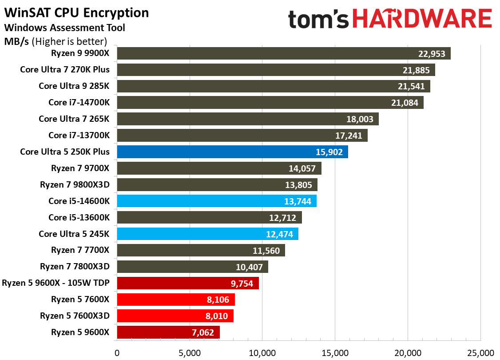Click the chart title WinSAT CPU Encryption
(76, 13)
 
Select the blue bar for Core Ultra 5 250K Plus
(232, 152)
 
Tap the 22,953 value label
(432, 54)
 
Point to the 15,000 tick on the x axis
(335, 353)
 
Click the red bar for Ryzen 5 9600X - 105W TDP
(187, 284)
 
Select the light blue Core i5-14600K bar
(216, 201)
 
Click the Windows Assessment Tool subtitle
(64, 28)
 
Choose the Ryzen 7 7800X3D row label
(75, 267)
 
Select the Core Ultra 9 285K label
(74, 86)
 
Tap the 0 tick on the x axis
(117, 353)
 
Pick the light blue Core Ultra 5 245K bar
(207, 234)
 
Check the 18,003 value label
(360, 119)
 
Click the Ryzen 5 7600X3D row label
(75, 316)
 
